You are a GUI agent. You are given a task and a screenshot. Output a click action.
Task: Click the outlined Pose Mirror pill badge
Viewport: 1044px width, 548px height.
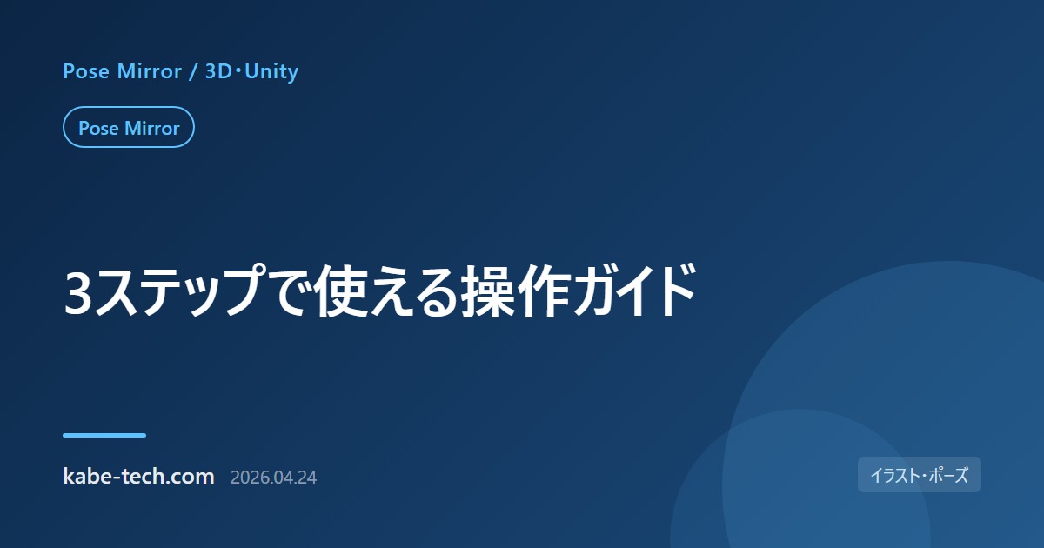[x=129, y=127]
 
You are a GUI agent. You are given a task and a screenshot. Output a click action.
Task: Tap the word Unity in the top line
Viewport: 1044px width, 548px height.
[x=271, y=71]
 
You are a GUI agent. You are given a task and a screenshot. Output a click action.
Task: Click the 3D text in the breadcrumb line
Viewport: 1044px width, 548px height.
[x=218, y=71]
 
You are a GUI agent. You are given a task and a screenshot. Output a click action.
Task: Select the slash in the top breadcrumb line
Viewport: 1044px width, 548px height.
[x=193, y=71]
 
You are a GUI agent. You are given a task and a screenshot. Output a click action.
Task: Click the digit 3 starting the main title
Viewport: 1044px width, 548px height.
[x=77, y=292]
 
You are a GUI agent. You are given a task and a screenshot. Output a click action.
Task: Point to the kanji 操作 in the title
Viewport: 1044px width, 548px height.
[x=516, y=291]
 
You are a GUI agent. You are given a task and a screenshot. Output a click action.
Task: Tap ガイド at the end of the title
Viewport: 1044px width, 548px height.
[x=635, y=291]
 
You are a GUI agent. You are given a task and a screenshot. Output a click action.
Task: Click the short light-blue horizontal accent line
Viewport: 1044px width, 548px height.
[x=104, y=435]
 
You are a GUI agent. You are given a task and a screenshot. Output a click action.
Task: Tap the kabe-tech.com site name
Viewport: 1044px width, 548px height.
[x=139, y=477]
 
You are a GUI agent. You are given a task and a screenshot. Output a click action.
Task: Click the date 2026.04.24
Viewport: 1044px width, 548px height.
[x=273, y=478]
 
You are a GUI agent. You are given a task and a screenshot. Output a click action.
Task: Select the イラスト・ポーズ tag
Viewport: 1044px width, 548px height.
[x=919, y=475]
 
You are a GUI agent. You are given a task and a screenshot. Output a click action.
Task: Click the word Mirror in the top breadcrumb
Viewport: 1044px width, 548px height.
[x=149, y=71]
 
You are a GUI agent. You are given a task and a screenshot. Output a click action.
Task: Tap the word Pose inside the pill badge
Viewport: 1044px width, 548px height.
[x=98, y=128]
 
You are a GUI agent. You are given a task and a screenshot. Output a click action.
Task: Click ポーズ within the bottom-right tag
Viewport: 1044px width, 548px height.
[x=948, y=475]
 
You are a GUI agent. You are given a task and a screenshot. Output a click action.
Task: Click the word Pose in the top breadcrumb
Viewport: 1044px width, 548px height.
[x=86, y=71]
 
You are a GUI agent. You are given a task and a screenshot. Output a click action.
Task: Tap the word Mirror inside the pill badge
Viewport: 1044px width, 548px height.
[x=152, y=128]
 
